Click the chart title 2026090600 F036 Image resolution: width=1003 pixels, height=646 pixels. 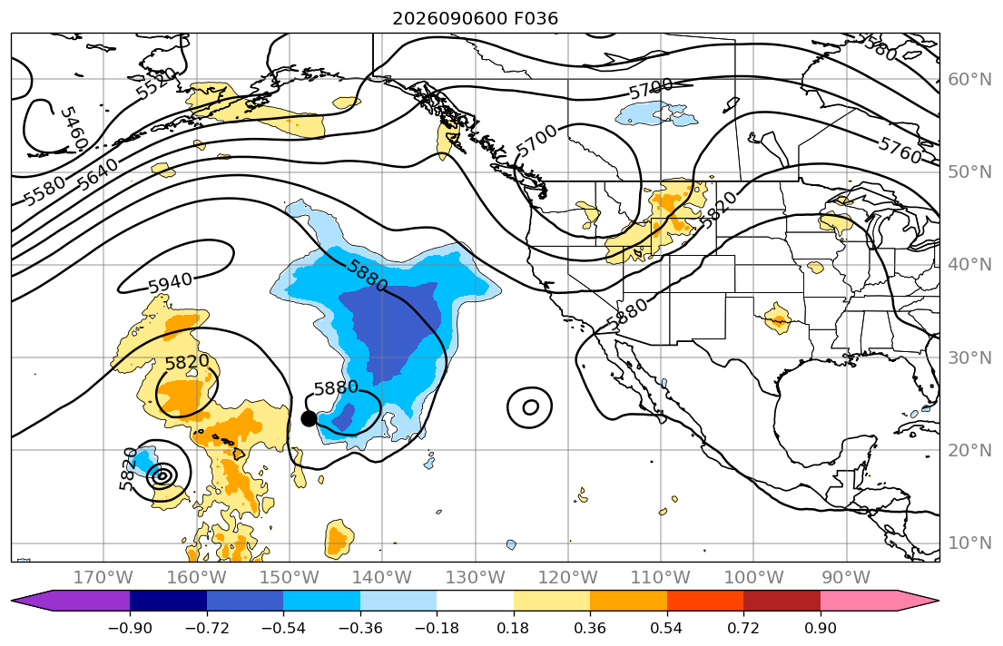(475, 18)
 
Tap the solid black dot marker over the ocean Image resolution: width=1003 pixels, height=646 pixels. (309, 419)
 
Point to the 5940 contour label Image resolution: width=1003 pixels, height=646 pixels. (170, 282)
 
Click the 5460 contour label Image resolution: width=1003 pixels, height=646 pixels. (73, 129)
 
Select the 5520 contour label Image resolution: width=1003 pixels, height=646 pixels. (156, 83)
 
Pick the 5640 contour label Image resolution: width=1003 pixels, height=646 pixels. (98, 173)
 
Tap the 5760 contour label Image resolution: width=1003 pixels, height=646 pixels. (900, 151)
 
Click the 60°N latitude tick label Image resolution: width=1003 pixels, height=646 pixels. (969, 79)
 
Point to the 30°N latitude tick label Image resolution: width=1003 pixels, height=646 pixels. (969, 357)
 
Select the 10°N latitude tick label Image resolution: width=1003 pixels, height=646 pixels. (969, 543)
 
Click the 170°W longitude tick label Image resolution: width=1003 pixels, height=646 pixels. (103, 578)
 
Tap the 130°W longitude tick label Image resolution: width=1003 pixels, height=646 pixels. (476, 578)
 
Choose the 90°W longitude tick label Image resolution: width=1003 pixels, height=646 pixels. (846, 578)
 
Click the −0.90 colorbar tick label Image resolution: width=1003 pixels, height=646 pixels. (130, 628)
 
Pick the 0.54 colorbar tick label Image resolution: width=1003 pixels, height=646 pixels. (666, 628)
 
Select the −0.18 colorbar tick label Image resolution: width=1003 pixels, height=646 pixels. (437, 628)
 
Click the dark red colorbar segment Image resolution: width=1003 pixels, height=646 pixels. (782, 602)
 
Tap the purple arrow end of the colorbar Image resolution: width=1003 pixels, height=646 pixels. (71, 602)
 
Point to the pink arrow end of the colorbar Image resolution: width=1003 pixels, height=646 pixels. (880, 602)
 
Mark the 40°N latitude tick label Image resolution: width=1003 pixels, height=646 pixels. (969, 265)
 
